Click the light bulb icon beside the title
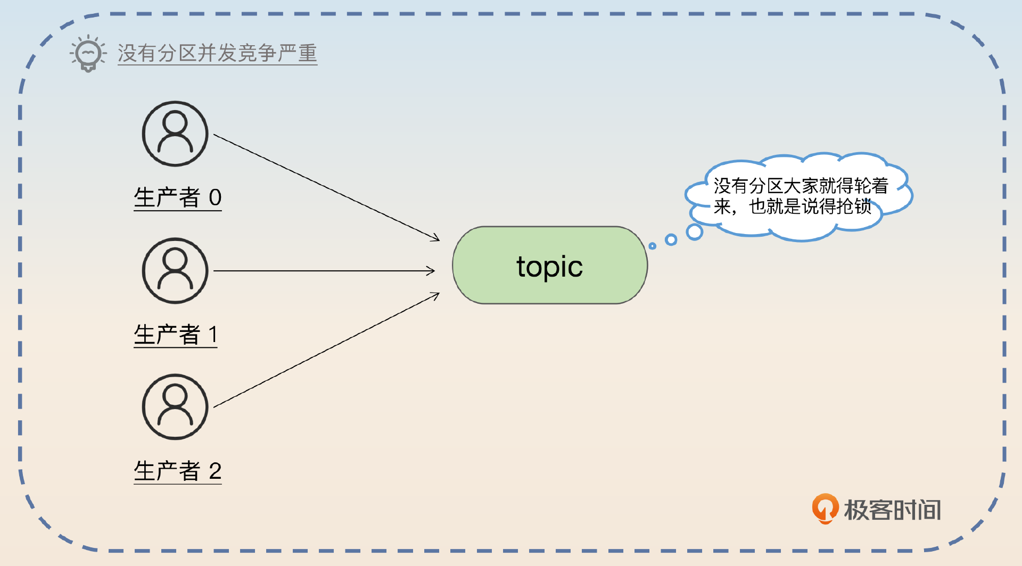click(88, 53)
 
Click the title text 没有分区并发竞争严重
click(217, 53)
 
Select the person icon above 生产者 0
click(175, 134)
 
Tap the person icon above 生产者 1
click(175, 271)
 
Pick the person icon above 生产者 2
click(175, 407)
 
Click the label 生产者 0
click(178, 197)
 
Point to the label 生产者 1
click(176, 335)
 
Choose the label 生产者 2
click(178, 471)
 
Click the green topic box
click(550, 265)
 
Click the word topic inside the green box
click(550, 267)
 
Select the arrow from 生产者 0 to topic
click(327, 187)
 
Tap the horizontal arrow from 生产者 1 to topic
click(324, 271)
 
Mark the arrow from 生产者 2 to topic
click(327, 350)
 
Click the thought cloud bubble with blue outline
click(799, 197)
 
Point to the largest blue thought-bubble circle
click(695, 232)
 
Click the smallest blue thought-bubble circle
click(653, 246)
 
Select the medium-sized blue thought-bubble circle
click(671, 240)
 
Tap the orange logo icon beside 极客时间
click(825, 509)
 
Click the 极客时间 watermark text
click(893, 510)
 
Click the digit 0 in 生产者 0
click(215, 197)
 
